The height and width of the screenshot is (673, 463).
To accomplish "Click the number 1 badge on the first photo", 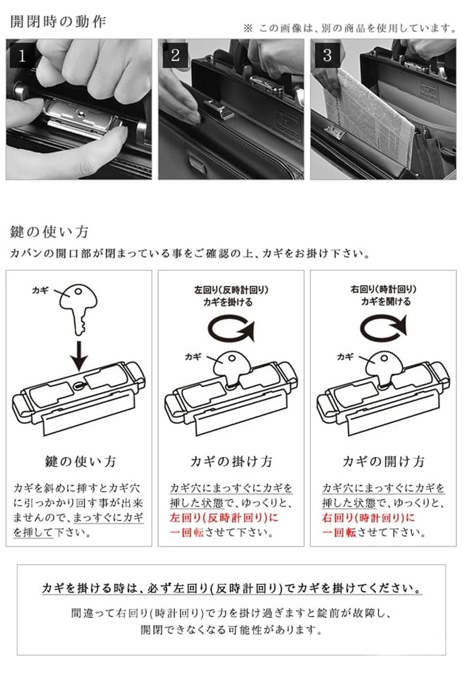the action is [x=22, y=56].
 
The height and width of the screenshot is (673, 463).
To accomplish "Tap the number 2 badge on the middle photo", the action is [x=175, y=56].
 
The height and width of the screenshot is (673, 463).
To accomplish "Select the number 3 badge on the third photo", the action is [x=327, y=56].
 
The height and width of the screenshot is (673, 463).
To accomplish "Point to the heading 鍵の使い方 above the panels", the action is [x=49, y=232].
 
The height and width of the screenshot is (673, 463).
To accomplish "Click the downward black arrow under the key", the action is [x=79, y=356].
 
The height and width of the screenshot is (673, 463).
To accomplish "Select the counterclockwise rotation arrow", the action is [x=231, y=329].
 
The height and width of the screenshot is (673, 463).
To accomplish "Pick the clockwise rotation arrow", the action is [x=383, y=329].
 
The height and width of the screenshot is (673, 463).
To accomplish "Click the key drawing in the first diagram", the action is [x=78, y=308].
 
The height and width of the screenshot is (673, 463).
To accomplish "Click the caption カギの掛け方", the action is [x=231, y=462].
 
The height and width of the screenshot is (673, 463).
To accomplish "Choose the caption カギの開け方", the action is [x=384, y=462].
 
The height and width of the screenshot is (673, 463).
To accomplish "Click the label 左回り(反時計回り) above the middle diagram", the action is [x=231, y=289].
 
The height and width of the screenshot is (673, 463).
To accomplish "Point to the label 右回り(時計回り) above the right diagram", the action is [x=384, y=289].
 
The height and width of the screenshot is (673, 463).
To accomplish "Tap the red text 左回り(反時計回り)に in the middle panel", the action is [x=224, y=518].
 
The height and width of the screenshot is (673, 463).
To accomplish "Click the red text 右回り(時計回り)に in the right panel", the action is [x=369, y=518].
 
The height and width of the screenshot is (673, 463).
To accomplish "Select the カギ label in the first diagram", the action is [x=40, y=291].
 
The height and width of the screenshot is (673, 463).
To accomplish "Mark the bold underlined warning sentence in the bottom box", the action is [x=231, y=588].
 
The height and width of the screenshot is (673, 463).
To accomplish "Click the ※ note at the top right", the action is [x=350, y=28].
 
